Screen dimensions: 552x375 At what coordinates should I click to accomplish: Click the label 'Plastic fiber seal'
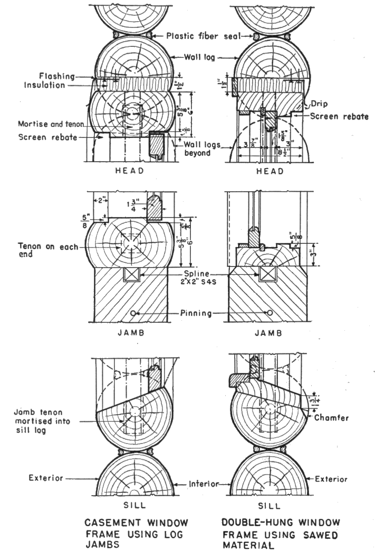[203, 36]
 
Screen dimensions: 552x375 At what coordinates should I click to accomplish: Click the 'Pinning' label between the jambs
[198, 313]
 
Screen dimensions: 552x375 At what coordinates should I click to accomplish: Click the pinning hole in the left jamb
[132, 313]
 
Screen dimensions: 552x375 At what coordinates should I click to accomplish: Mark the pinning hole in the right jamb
[270, 312]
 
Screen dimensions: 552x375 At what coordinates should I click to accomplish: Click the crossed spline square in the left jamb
[131, 274]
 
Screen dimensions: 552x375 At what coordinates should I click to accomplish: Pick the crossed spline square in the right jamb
[266, 274]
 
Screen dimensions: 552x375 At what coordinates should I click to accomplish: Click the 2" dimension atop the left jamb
[99, 201]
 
